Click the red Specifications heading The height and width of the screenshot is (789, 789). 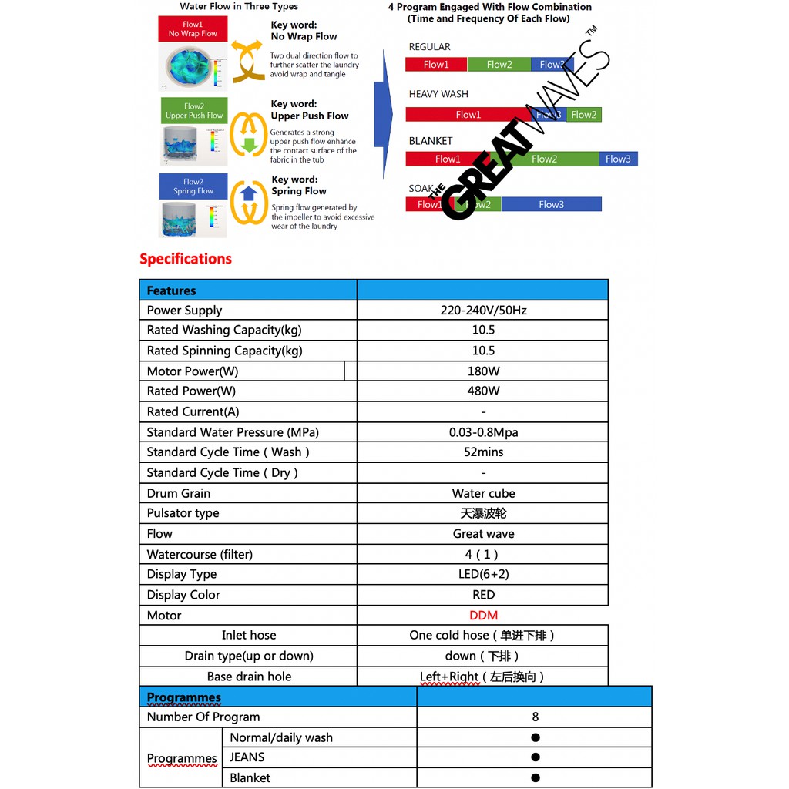click(x=186, y=259)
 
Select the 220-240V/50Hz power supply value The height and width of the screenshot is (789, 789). click(x=483, y=310)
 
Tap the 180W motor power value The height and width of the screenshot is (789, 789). click(x=483, y=371)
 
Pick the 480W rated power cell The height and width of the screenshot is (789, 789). click(x=483, y=391)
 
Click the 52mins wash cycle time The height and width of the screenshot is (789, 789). click(x=483, y=452)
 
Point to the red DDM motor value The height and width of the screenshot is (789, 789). click(x=483, y=615)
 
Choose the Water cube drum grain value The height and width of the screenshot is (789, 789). click(x=483, y=493)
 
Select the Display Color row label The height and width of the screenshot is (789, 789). click(x=183, y=595)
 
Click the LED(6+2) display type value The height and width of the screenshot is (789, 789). click(x=483, y=574)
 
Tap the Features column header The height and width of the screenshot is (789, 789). click(x=171, y=290)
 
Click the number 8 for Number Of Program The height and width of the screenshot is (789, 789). click(x=535, y=717)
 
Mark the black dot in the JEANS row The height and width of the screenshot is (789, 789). click(x=535, y=757)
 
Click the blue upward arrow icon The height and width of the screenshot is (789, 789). click(x=249, y=194)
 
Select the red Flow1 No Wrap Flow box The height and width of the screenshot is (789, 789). click(x=193, y=29)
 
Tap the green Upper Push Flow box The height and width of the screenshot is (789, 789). click(x=193, y=111)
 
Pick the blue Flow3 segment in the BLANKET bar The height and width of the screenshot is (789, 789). click(x=618, y=159)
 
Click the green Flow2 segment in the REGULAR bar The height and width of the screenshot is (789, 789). click(x=499, y=65)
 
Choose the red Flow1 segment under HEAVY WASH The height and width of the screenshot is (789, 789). click(x=468, y=115)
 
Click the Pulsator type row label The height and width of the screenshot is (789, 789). click(x=183, y=513)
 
